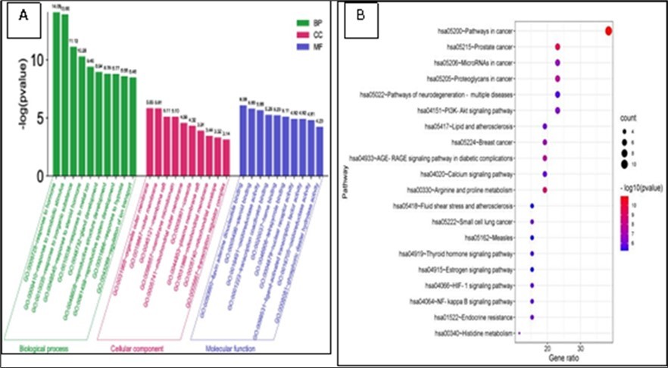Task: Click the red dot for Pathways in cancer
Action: (x=609, y=31)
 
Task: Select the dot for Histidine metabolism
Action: (x=520, y=332)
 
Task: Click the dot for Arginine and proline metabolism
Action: (x=545, y=189)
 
